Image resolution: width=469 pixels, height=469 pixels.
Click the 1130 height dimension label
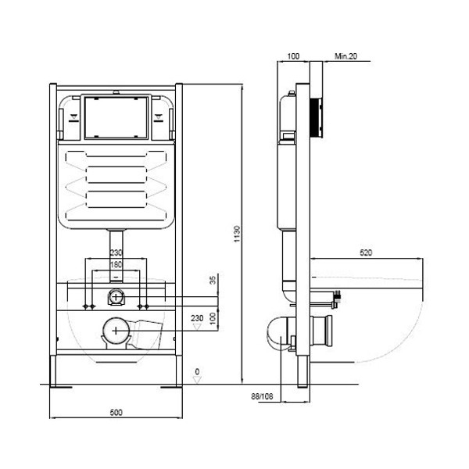point(237,234)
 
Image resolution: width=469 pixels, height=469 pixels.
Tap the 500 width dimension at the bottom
point(116,413)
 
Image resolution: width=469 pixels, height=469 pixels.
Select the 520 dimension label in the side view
point(366,252)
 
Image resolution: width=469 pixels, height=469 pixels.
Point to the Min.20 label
point(345,56)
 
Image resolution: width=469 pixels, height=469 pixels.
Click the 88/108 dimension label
point(262,396)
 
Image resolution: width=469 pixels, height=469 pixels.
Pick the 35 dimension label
point(213,281)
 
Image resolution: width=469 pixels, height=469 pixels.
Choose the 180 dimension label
point(116,264)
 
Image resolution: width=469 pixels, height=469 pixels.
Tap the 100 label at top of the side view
point(293,56)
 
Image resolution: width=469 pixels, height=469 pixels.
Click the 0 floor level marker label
point(197,371)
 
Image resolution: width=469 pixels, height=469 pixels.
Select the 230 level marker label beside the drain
point(197,318)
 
